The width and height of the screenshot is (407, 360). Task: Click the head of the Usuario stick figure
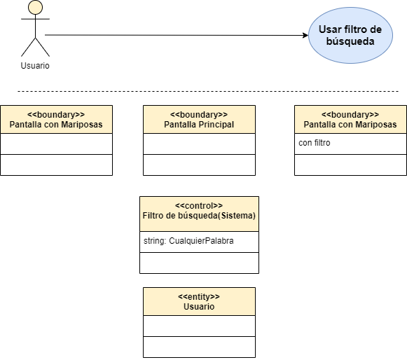35,7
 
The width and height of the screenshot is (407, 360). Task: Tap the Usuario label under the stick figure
35,66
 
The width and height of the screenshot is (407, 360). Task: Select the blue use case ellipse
350,35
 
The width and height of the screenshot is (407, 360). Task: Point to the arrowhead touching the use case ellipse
305,35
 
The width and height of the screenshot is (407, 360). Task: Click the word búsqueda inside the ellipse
350,41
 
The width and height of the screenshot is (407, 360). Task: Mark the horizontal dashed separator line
208,91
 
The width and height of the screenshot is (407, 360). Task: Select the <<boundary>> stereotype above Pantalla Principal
199,114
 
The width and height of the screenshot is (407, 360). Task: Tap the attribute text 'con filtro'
315,143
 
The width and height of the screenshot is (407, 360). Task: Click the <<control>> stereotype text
199,206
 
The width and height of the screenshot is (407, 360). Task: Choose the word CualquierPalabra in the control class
201,241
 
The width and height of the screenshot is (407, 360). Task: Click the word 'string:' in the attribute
155,241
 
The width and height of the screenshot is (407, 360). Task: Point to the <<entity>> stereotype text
199,297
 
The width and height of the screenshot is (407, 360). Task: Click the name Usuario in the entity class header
199,307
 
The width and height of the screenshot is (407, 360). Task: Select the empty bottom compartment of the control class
199,263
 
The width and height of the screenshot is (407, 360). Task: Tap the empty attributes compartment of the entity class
199,326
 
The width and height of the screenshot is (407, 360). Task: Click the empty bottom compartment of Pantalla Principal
199,165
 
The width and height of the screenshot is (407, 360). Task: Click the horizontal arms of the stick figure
35,19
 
